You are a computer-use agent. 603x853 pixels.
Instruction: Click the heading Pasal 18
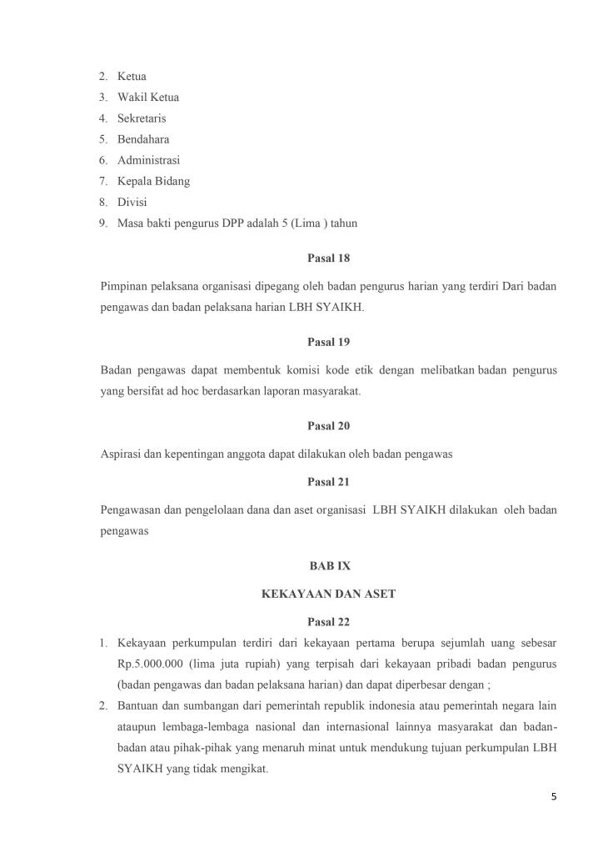pos(328,258)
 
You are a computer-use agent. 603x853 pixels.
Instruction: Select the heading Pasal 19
pos(328,341)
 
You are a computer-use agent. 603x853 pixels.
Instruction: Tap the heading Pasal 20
pos(328,425)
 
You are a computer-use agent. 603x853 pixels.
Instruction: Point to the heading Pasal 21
pos(328,481)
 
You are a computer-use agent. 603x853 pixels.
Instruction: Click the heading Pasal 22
pos(328,621)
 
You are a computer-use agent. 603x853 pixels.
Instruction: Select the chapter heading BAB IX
pos(328,565)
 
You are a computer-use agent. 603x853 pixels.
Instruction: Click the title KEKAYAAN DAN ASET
pos(328,594)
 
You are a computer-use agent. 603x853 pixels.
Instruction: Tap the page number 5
pos(554,796)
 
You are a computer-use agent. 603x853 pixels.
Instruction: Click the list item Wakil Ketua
pos(147,98)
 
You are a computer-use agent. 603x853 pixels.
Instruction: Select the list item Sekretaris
pos(142,118)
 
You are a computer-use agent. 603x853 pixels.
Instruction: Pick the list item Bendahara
pos(143,139)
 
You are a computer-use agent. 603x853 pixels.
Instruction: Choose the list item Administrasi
pos(148,160)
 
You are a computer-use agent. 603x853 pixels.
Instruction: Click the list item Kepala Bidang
pos(153,181)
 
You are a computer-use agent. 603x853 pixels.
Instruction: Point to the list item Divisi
pos(132,202)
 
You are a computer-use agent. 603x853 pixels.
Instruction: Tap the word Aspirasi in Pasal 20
pos(120,454)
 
